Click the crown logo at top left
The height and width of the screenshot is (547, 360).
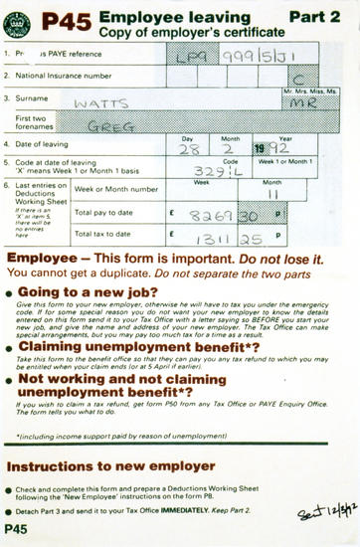click(17, 22)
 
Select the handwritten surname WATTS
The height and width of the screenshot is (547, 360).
click(102, 102)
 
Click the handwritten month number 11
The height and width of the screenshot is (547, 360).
click(271, 193)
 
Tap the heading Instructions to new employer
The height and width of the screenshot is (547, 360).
click(109, 465)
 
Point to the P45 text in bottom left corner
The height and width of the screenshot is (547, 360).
click(17, 529)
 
